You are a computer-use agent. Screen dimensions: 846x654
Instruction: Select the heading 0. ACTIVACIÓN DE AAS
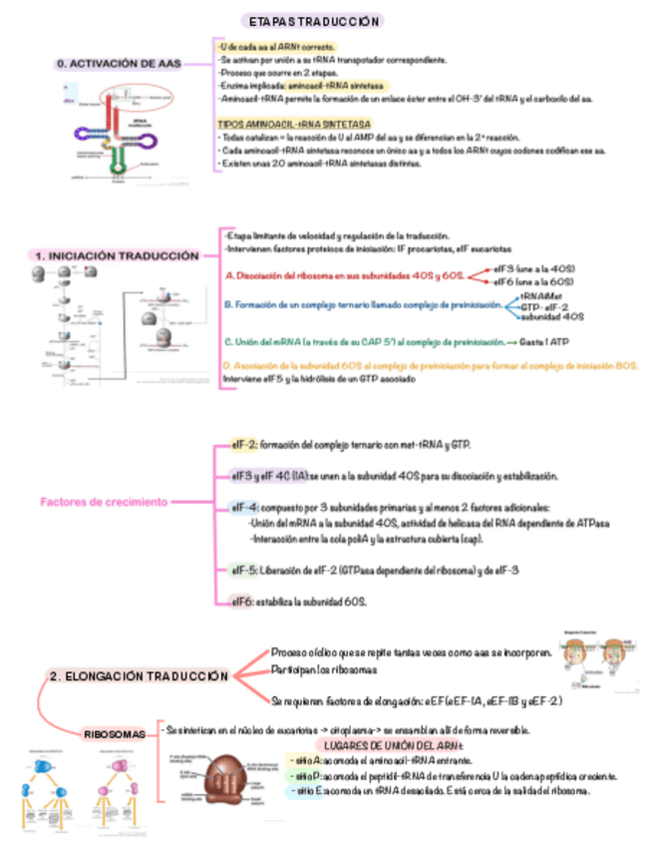120,64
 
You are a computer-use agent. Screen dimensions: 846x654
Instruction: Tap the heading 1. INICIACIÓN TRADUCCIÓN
117,256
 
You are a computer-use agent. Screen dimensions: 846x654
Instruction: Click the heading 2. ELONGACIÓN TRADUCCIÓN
139,676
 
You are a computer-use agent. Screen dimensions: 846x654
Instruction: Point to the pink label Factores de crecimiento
104,501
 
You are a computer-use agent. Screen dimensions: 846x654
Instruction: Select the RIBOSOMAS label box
115,733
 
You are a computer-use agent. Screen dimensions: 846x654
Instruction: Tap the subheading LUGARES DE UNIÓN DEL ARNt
390,745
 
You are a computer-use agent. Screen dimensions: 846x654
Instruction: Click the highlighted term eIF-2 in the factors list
244,443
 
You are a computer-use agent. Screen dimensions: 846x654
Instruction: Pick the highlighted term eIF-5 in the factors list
245,570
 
